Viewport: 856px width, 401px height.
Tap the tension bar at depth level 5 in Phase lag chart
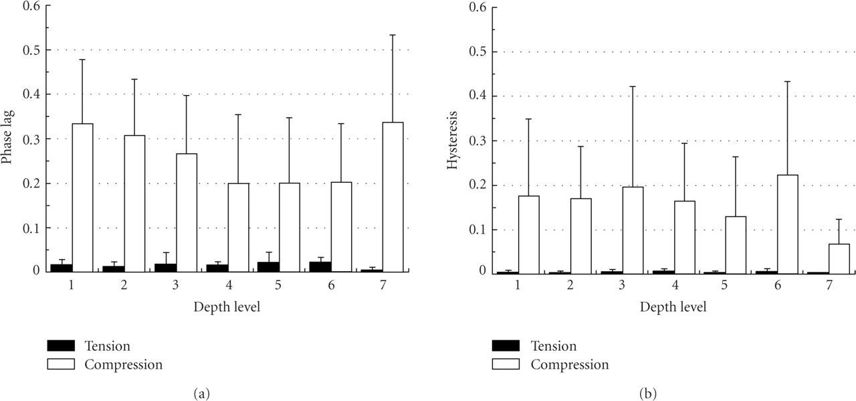tap(269, 266)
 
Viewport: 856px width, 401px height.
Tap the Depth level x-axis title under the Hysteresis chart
tap(672, 307)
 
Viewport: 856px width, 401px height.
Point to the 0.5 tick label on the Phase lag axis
tap(29, 50)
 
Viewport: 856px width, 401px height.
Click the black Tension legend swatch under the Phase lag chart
tap(60, 346)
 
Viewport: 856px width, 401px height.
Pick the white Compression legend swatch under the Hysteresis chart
tap(506, 365)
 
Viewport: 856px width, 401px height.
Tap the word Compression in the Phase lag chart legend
tap(124, 365)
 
